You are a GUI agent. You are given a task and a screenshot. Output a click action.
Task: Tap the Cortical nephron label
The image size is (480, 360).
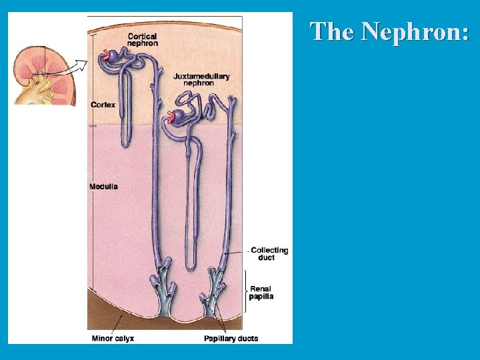coord(143,39)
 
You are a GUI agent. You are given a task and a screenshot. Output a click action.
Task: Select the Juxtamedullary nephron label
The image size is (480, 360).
coord(201,79)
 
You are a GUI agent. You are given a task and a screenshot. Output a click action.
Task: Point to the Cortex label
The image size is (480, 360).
coord(103,105)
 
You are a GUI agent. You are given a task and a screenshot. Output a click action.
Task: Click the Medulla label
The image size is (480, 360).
coord(103,187)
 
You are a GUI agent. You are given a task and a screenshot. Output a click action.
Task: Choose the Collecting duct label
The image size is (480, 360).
coord(269,254)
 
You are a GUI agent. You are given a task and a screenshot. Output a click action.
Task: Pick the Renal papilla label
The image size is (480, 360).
coord(261,293)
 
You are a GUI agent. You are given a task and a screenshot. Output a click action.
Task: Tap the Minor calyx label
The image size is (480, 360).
coord(113,339)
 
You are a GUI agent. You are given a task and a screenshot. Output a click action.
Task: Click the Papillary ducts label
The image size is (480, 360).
coord(231,339)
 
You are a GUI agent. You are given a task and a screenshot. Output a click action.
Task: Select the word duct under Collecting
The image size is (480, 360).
coord(267,258)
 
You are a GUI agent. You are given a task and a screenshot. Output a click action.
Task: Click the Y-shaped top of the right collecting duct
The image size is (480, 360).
coord(233,104)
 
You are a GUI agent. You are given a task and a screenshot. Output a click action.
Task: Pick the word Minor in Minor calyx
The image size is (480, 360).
coord(102,339)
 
